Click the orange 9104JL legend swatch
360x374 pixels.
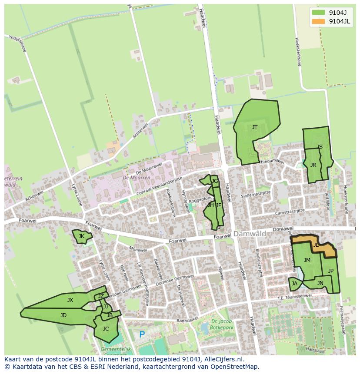tap(318, 21)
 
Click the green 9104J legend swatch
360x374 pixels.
tap(318, 13)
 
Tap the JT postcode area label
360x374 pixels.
tap(255, 127)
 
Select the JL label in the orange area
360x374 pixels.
tap(316, 245)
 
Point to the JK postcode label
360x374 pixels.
tap(81, 236)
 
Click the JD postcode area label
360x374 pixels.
tap(63, 315)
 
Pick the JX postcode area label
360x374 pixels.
tap(70, 300)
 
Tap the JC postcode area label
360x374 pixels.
tap(106, 329)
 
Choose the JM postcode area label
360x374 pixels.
tap(307, 260)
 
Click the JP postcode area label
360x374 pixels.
tap(331, 271)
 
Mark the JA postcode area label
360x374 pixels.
tap(295, 284)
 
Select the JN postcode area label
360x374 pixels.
tap(320, 283)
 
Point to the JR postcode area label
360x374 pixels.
tap(313, 165)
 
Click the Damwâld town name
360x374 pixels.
tap(250, 234)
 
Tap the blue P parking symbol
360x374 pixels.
tap(142, 335)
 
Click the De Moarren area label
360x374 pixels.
tap(137, 178)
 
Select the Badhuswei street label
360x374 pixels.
tap(187, 321)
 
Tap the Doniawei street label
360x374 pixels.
tap(283, 228)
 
